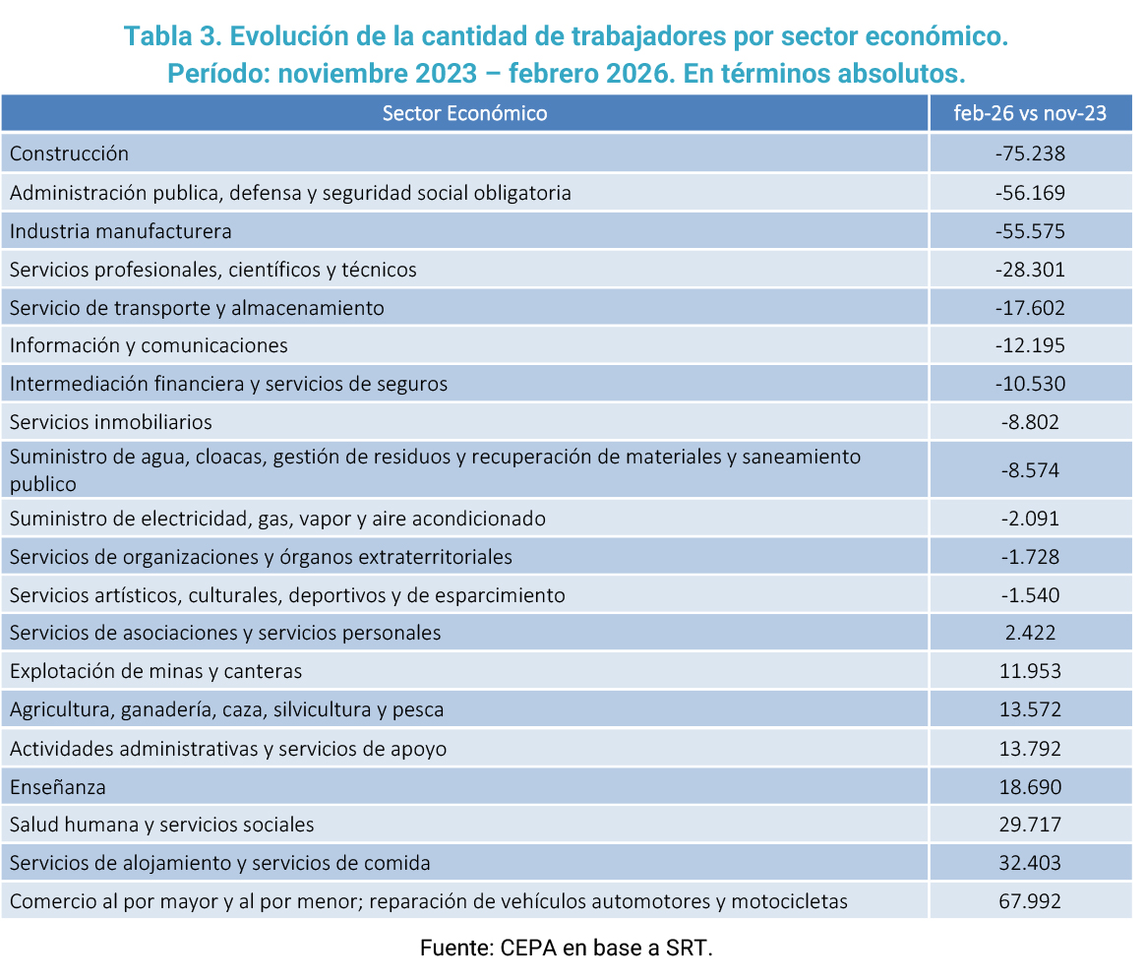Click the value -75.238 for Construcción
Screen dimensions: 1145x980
pyautogui.click(x=1030, y=153)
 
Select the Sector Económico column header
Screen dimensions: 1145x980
pyautogui.click(x=464, y=113)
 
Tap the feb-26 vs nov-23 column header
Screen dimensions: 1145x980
pyautogui.click(x=1030, y=113)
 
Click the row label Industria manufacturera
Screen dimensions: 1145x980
pyautogui.click(x=120, y=231)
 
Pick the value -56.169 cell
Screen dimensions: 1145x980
pyautogui.click(x=1030, y=193)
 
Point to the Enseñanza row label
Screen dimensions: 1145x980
pyautogui.click(x=58, y=787)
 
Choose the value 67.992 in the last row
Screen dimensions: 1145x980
pyautogui.click(x=1030, y=901)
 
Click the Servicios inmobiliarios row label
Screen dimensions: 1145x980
pyautogui.click(x=111, y=422)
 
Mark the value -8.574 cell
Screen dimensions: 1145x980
pyautogui.click(x=1030, y=470)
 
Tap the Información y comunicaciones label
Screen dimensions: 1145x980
pyautogui.click(x=149, y=345)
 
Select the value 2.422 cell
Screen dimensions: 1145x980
pyautogui.click(x=1030, y=633)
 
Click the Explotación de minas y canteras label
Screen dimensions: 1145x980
pyautogui.click(x=155, y=671)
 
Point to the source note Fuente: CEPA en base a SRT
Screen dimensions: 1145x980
pyautogui.click(x=566, y=948)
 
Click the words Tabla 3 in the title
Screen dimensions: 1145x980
pyautogui.click(x=171, y=35)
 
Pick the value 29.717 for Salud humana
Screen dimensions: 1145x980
pyautogui.click(x=1030, y=825)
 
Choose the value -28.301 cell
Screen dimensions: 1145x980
pyautogui.click(x=1030, y=270)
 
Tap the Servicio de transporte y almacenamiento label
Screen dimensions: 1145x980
pyautogui.click(x=197, y=308)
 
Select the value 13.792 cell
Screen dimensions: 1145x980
pyautogui.click(x=1030, y=749)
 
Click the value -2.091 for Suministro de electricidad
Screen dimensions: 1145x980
pyautogui.click(x=1030, y=519)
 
